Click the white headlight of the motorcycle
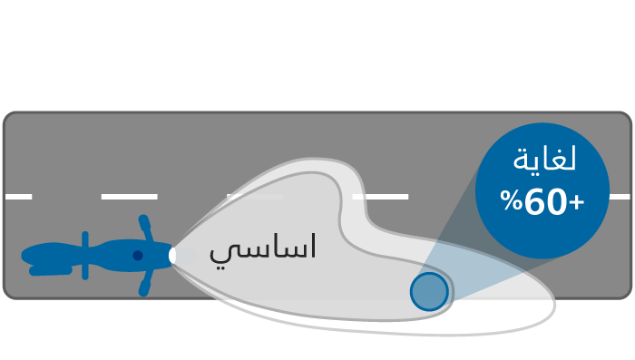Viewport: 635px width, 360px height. point(172,256)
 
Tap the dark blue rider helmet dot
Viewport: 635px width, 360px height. point(138,256)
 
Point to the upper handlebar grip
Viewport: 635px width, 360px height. point(144,222)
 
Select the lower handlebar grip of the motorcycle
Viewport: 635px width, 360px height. point(144,288)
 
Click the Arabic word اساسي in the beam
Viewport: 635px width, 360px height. point(262,248)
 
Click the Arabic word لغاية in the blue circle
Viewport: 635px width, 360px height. point(544,159)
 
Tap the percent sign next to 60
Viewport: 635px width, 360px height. point(511,200)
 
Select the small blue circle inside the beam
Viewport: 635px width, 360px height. point(429,292)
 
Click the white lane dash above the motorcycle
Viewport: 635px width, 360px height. point(129,197)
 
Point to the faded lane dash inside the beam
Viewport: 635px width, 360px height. point(255,197)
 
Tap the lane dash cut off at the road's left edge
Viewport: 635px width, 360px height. point(19,197)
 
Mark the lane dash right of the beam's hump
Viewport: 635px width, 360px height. point(380,197)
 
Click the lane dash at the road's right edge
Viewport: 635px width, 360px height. point(620,197)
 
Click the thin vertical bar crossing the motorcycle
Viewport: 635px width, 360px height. point(85,256)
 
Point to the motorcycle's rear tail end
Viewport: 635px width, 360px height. point(25,256)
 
